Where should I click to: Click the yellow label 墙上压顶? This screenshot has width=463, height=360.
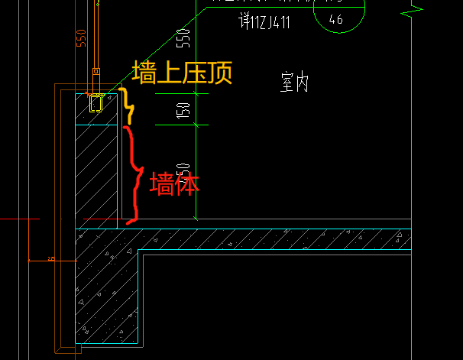[181, 73]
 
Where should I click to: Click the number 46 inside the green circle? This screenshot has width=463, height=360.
[335, 20]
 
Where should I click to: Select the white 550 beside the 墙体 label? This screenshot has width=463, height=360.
[183, 170]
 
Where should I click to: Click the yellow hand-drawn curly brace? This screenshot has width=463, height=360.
[128, 105]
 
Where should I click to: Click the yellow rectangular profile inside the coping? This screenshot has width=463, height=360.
[96, 102]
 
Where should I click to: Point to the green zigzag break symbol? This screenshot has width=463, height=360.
[413, 11]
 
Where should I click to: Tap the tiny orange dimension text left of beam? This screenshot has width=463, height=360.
[51, 259]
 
